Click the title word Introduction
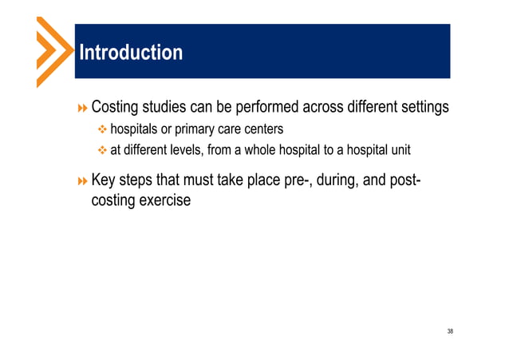(130, 53)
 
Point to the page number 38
(450, 330)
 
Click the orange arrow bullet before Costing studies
(81, 107)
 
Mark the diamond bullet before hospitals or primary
(101, 129)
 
